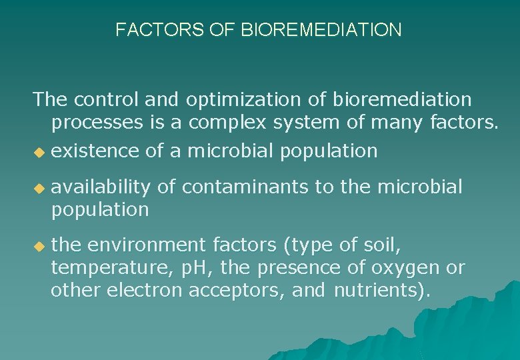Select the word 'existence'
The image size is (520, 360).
95,151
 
